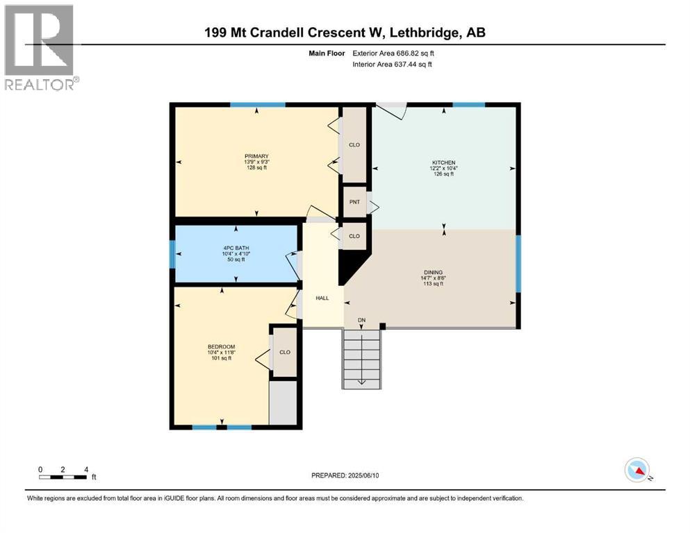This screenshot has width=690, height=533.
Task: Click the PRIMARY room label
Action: tap(256, 156)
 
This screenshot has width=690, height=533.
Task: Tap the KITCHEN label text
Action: tap(443, 162)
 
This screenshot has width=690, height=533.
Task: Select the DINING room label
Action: tap(433, 273)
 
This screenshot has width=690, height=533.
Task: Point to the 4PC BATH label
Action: tap(236, 248)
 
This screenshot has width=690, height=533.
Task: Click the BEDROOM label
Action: tap(222, 347)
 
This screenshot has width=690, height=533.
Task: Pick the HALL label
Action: tap(322, 298)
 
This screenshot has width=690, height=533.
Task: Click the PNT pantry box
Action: tap(354, 202)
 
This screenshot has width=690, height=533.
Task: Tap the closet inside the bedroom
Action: tap(285, 352)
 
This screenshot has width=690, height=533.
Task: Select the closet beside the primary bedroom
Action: tap(354, 144)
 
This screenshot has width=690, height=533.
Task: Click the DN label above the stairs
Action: tap(362, 321)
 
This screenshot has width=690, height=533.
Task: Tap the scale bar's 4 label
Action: tap(86, 469)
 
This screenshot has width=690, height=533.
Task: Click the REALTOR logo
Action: tap(42, 47)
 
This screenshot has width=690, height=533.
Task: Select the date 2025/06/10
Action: tap(363, 475)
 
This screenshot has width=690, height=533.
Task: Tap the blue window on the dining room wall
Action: tap(518, 264)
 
